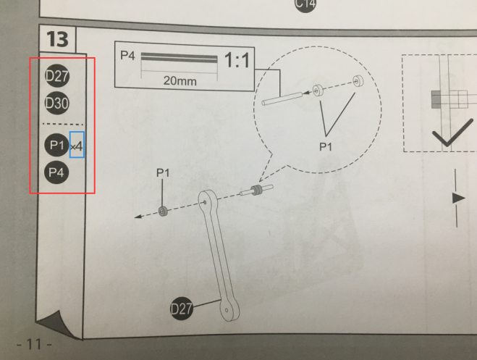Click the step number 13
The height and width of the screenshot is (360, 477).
(57, 40)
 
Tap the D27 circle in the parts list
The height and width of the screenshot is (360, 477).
(57, 76)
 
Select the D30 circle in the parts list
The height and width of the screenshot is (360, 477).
(57, 103)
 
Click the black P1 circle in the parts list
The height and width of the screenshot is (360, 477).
(56, 145)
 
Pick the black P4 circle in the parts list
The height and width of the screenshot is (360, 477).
(56, 172)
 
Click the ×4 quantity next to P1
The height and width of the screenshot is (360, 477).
(77, 146)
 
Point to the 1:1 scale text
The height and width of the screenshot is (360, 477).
(237, 60)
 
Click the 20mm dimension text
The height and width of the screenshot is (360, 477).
(180, 81)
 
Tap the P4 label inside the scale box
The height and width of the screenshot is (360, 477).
(127, 55)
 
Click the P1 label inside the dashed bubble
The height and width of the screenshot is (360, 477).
(326, 147)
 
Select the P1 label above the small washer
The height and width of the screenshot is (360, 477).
(163, 173)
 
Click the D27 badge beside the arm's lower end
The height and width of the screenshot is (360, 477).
(182, 309)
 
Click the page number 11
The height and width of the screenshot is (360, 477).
(34, 345)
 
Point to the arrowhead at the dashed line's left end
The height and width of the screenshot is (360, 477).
(138, 217)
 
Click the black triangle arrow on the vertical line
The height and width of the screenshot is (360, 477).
(458, 198)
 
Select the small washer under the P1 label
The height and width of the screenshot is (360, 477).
(163, 211)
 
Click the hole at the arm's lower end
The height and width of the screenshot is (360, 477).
(227, 311)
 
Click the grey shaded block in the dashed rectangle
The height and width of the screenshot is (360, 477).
(435, 99)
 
